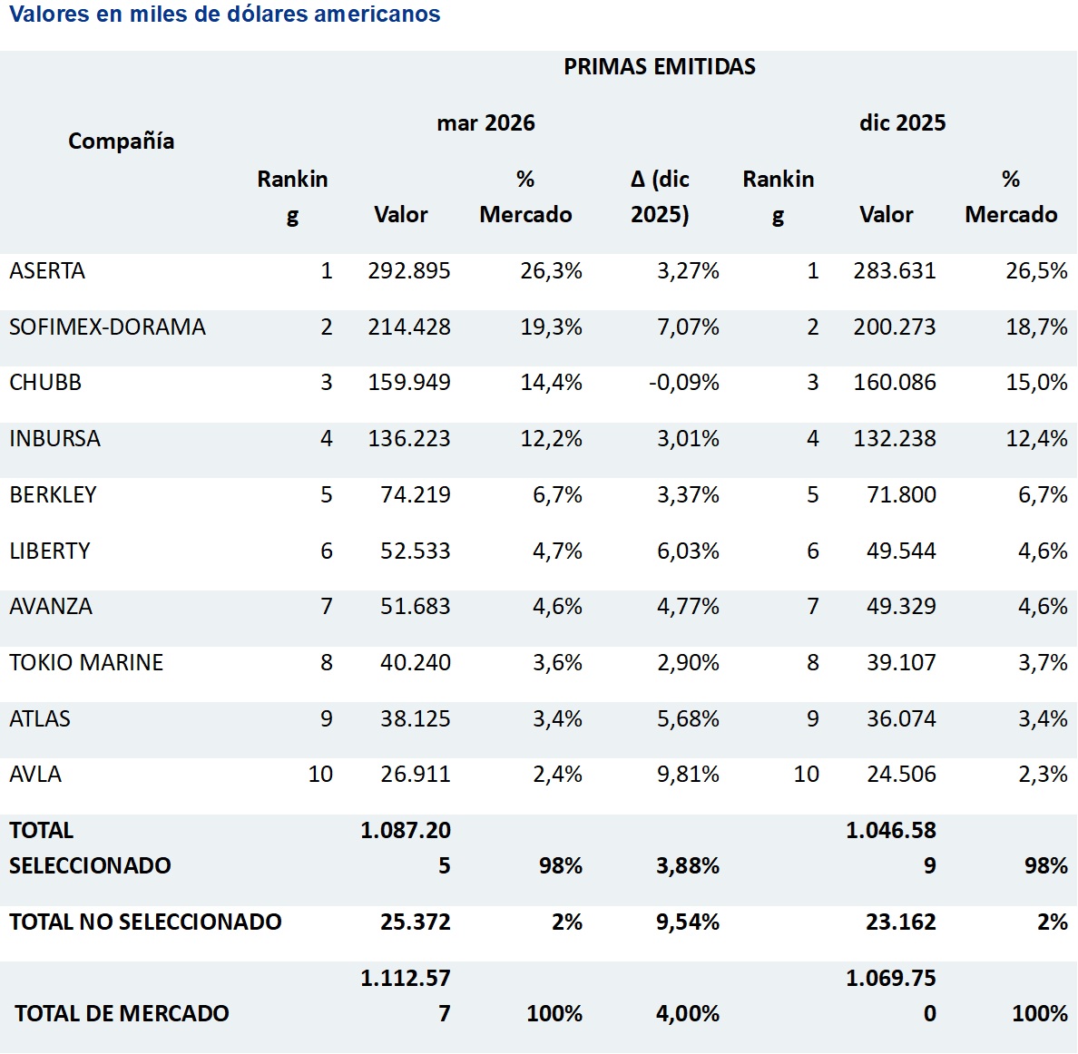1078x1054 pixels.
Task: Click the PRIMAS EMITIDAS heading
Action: (660, 66)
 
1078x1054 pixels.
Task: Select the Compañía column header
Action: (121, 141)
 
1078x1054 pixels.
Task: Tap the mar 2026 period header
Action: (485, 123)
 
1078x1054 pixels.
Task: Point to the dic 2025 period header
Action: (902, 123)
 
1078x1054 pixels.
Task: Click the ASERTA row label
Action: (47, 270)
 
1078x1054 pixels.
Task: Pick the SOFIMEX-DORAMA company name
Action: (107, 327)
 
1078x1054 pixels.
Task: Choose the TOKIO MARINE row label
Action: (86, 662)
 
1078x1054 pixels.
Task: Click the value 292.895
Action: (409, 270)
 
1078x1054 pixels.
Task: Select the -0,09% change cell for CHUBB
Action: (684, 383)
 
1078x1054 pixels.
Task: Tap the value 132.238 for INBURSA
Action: (895, 438)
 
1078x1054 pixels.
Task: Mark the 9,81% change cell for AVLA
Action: (688, 775)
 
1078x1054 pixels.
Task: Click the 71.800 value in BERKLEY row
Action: (901, 494)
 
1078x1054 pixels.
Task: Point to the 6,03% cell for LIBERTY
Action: (688, 551)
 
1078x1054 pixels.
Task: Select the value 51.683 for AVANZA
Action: (416, 607)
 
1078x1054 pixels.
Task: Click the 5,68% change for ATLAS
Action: (688, 718)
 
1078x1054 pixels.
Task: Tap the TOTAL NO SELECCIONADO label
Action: (145, 922)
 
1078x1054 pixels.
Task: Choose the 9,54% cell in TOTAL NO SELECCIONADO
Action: (688, 922)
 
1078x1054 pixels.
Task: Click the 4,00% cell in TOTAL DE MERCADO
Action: (688, 1013)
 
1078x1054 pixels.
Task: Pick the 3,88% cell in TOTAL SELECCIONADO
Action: (688, 865)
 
